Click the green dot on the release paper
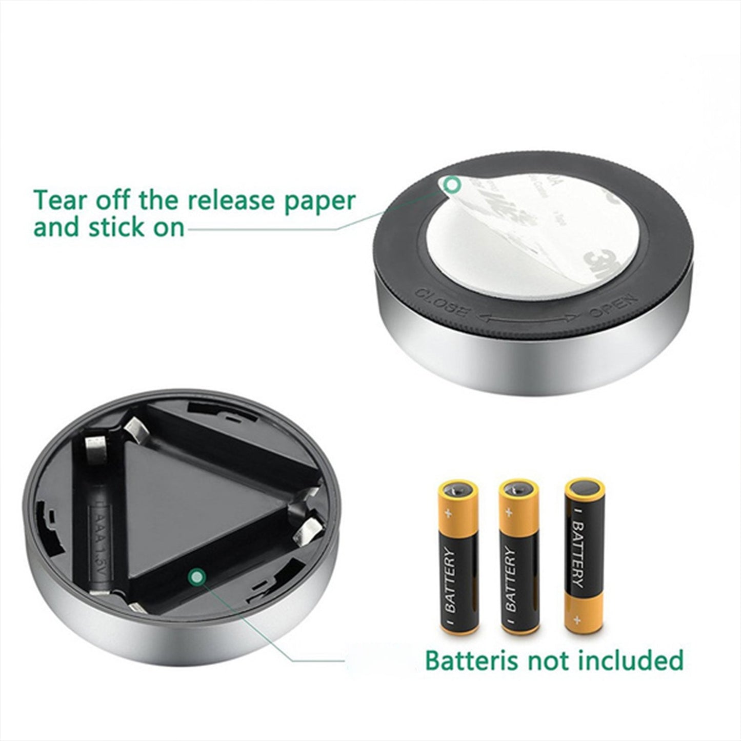[452, 185]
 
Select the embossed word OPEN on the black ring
[612, 306]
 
